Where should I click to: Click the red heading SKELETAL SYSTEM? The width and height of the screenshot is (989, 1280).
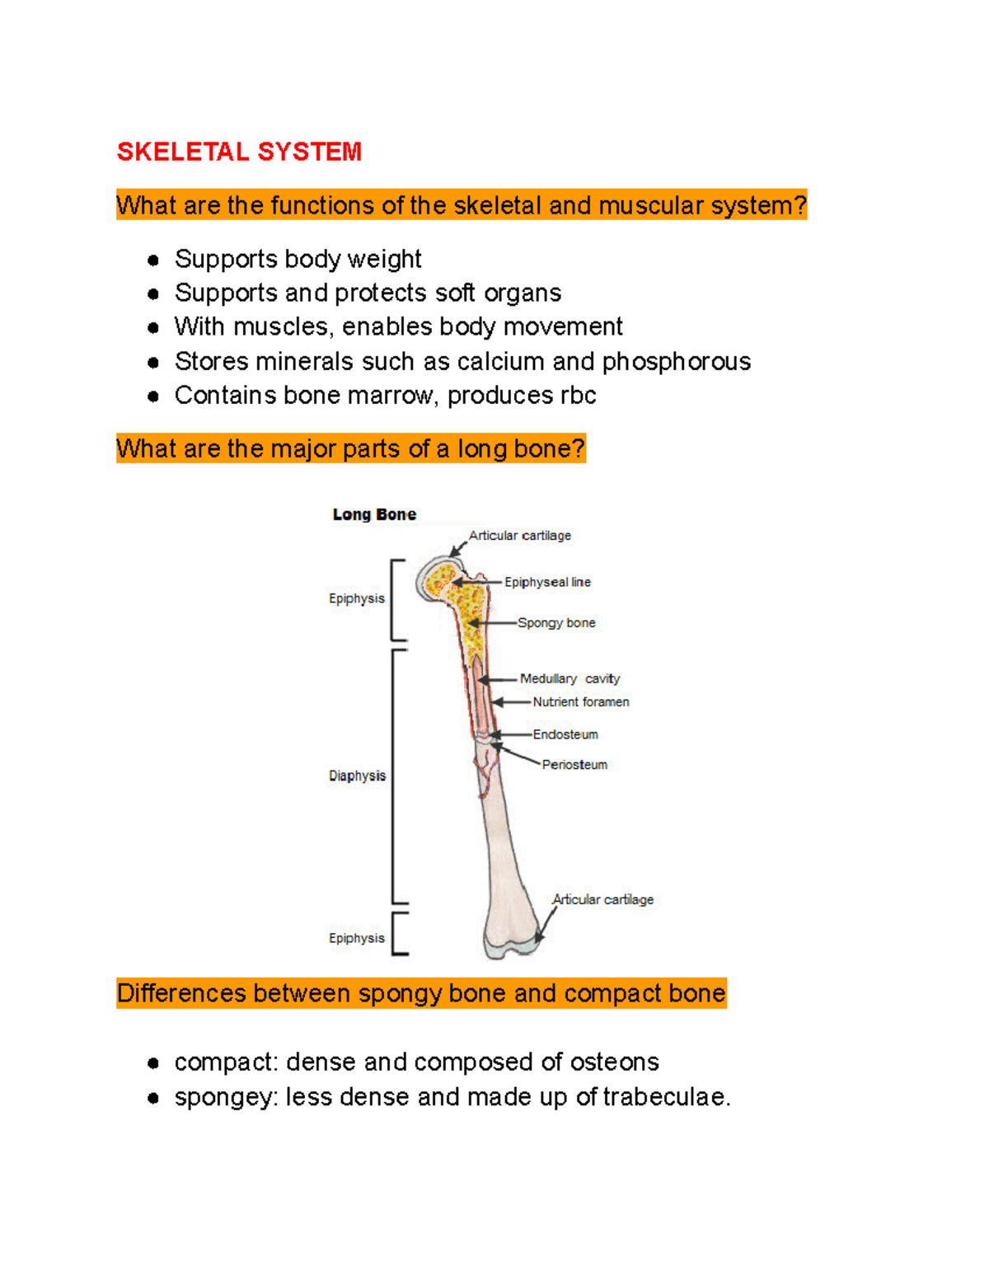click(239, 152)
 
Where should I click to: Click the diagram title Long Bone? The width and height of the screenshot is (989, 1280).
click(374, 514)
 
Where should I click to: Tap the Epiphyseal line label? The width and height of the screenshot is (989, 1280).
click(547, 582)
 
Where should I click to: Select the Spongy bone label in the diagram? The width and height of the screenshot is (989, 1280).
click(556, 623)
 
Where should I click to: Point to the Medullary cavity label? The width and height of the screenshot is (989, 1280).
click(569, 679)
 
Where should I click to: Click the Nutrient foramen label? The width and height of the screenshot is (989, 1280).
click(581, 702)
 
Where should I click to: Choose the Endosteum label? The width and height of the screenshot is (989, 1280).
click(565, 734)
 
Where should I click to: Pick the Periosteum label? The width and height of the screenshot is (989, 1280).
click(574, 765)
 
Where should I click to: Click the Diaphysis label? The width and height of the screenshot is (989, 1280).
click(357, 776)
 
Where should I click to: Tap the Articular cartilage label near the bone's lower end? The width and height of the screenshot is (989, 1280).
click(603, 900)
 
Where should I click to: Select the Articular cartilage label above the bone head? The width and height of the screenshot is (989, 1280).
click(520, 536)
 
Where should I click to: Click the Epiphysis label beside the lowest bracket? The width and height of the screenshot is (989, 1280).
click(356, 938)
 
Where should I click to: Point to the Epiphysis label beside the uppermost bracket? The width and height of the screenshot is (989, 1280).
click(356, 598)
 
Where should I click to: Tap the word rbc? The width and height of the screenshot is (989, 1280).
click(578, 396)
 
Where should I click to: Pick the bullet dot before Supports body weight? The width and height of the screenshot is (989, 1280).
click(153, 260)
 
